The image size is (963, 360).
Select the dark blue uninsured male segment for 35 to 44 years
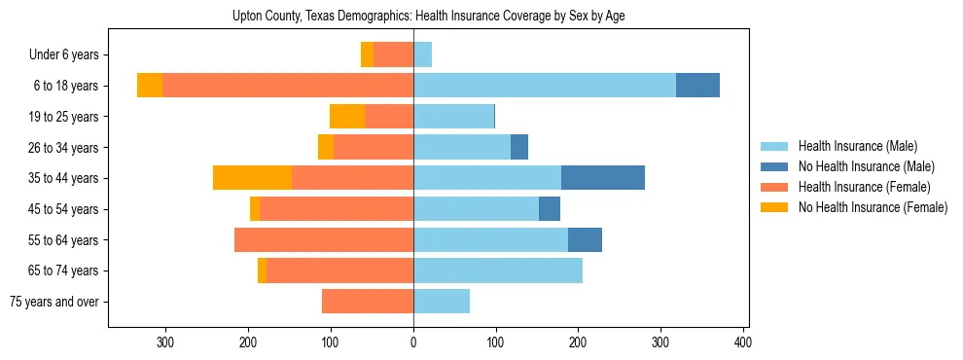pos(603,178)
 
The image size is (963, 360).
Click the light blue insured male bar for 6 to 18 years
pos(545,86)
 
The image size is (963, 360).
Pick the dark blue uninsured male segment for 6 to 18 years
pos(697,86)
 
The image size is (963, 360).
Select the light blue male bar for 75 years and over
pos(442,302)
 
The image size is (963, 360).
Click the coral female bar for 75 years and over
pos(368,302)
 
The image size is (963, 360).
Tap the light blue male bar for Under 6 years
pos(422,54)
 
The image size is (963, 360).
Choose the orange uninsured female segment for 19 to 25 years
pos(347,117)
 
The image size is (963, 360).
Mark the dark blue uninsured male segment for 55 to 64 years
pos(585,239)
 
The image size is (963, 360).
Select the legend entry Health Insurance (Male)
pos(857,146)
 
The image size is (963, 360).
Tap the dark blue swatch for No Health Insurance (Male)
pos(774,166)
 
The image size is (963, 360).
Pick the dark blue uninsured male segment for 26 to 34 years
pos(519,147)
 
